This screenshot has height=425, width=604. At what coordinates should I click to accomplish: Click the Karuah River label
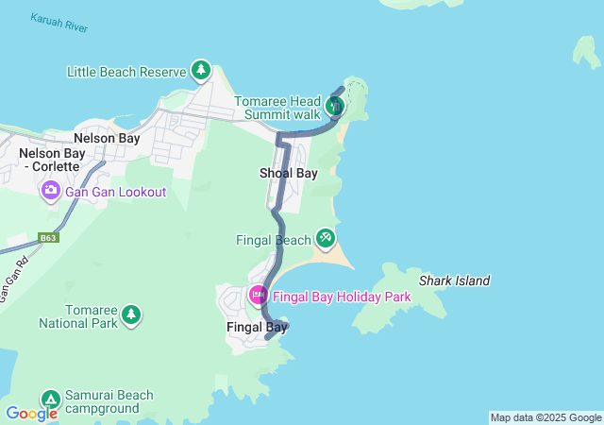(59, 24)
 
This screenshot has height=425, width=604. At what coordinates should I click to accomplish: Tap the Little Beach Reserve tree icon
(200, 70)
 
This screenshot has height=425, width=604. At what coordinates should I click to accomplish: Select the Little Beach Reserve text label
(126, 71)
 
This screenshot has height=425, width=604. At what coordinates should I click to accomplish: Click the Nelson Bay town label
(107, 138)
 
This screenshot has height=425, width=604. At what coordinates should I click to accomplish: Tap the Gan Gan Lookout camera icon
(50, 192)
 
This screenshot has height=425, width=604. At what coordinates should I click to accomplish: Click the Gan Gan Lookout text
(115, 192)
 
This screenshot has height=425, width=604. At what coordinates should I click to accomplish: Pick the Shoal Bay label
(289, 173)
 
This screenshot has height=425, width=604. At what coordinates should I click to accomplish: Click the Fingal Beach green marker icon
(326, 236)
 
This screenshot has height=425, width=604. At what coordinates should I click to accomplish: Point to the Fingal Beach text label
(273, 240)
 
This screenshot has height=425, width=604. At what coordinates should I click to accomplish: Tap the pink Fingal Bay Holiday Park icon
(257, 296)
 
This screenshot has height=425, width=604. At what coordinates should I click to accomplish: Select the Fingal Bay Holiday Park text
(343, 297)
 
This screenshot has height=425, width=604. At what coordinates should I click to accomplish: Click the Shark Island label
(455, 280)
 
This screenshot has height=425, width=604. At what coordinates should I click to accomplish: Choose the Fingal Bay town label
(257, 328)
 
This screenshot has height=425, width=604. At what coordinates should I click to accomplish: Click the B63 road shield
(49, 238)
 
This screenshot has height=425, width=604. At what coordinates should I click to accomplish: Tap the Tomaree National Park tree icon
(131, 314)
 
